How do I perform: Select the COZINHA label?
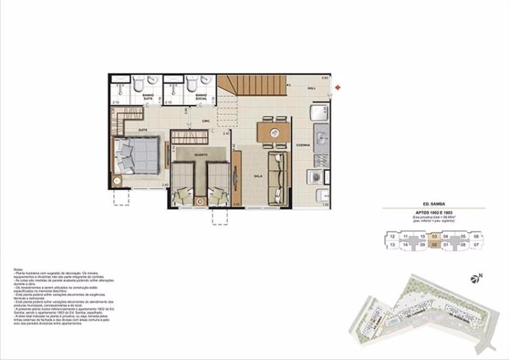[303, 146]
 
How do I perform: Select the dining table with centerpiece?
[274, 132]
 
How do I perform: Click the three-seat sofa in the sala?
[277, 177]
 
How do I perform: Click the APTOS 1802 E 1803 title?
[433, 212]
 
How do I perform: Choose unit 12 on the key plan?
[393, 236]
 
